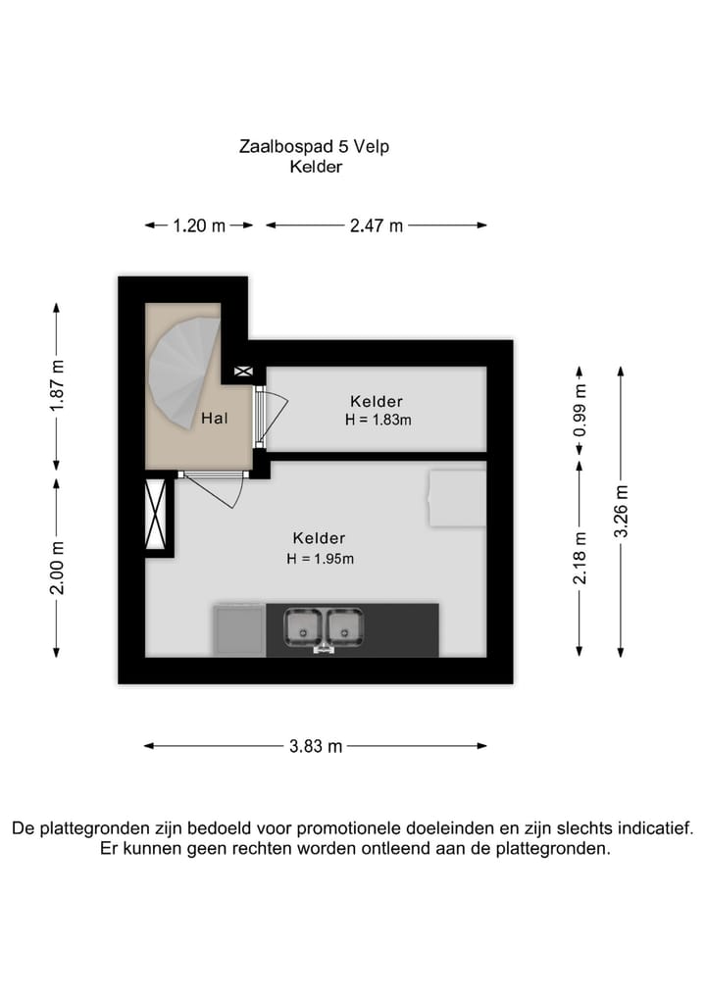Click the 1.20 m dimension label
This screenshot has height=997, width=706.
coord(199,225)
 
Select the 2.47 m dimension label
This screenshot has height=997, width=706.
coord(377,225)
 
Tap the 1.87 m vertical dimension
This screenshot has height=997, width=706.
coord(57,385)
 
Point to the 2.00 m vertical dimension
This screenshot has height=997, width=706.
coord(57,568)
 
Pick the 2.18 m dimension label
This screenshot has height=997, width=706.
coord(580,558)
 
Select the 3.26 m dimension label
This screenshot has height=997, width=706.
coord(620,511)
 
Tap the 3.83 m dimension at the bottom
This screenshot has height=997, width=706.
coord(315,746)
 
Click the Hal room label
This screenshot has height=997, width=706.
coord(215,419)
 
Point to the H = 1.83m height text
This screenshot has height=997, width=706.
coord(378,420)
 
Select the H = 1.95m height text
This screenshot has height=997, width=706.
coord(320,559)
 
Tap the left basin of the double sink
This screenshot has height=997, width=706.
coord(303,625)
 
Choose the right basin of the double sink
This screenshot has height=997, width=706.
coord(344,625)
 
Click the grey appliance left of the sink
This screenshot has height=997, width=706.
coord(239,629)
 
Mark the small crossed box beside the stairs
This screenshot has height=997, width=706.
coord(243,373)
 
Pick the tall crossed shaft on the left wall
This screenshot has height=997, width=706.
coord(156,514)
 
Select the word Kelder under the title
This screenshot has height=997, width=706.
coord(315,168)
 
